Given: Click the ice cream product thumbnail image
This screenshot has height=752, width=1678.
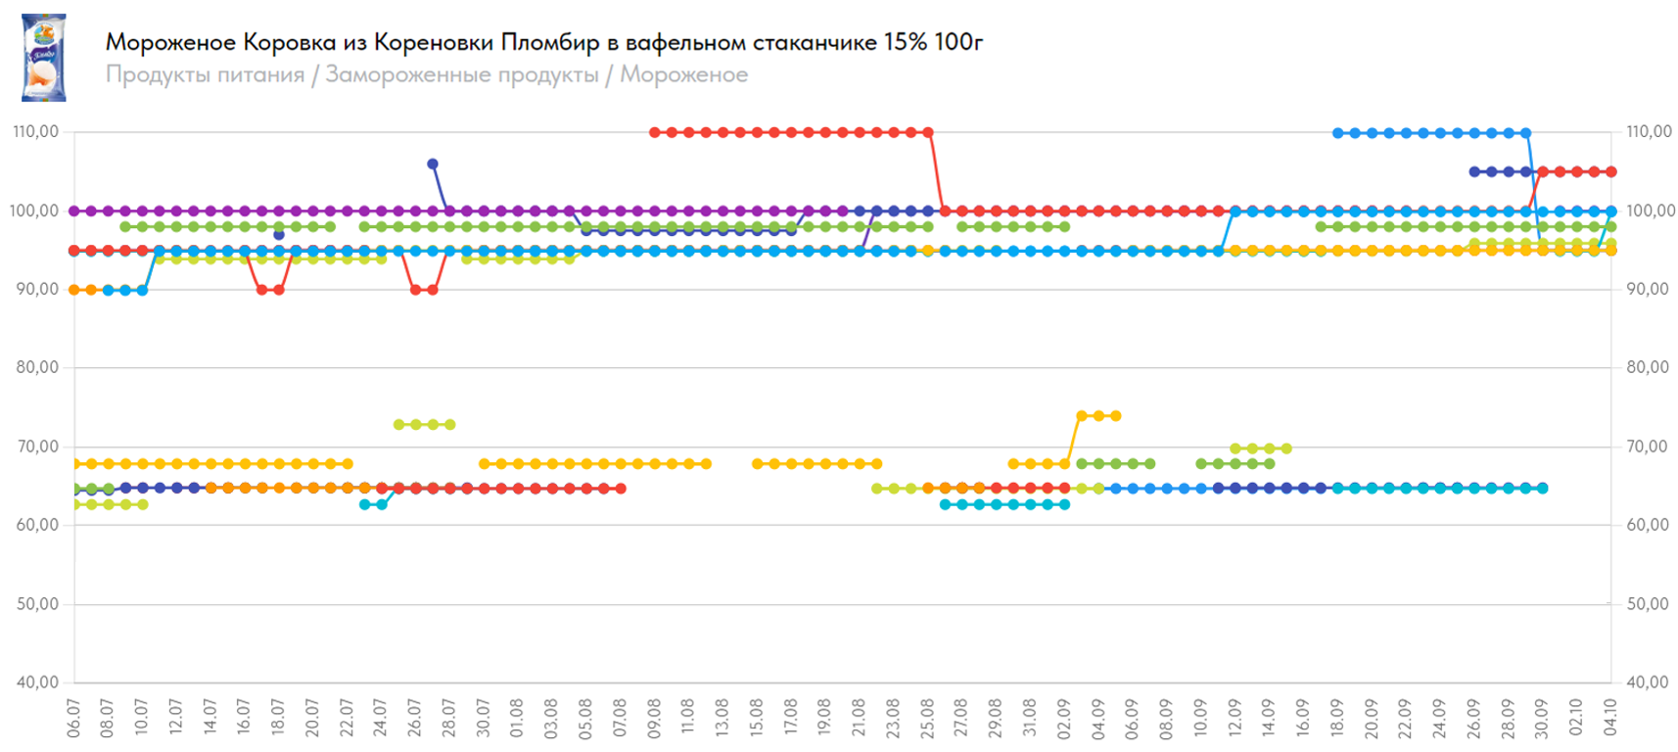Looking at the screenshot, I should click(44, 58).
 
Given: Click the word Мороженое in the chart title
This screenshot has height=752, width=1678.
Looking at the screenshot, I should click(170, 42).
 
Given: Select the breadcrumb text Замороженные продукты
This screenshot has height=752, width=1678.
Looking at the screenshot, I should click(461, 74).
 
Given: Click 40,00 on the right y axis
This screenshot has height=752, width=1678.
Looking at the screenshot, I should click(1649, 682).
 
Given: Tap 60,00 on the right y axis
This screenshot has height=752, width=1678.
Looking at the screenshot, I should click(1649, 525).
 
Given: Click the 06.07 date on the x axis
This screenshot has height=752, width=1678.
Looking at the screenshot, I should click(73, 718).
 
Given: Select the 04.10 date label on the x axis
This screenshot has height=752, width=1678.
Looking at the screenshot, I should click(1610, 718).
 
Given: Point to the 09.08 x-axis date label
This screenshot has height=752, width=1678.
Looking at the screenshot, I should click(654, 718).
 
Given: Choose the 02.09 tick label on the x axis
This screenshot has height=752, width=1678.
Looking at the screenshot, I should click(1064, 718).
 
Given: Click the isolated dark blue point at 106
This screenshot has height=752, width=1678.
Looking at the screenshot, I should click(433, 164).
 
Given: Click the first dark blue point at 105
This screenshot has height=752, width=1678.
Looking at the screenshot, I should click(1474, 171).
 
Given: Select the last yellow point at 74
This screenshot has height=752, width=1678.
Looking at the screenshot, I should click(1116, 416).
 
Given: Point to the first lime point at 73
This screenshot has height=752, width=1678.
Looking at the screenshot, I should click(398, 425).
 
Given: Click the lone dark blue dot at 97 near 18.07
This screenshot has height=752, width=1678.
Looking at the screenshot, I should click(279, 235).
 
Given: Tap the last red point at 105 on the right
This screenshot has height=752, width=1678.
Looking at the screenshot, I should click(1610, 171).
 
